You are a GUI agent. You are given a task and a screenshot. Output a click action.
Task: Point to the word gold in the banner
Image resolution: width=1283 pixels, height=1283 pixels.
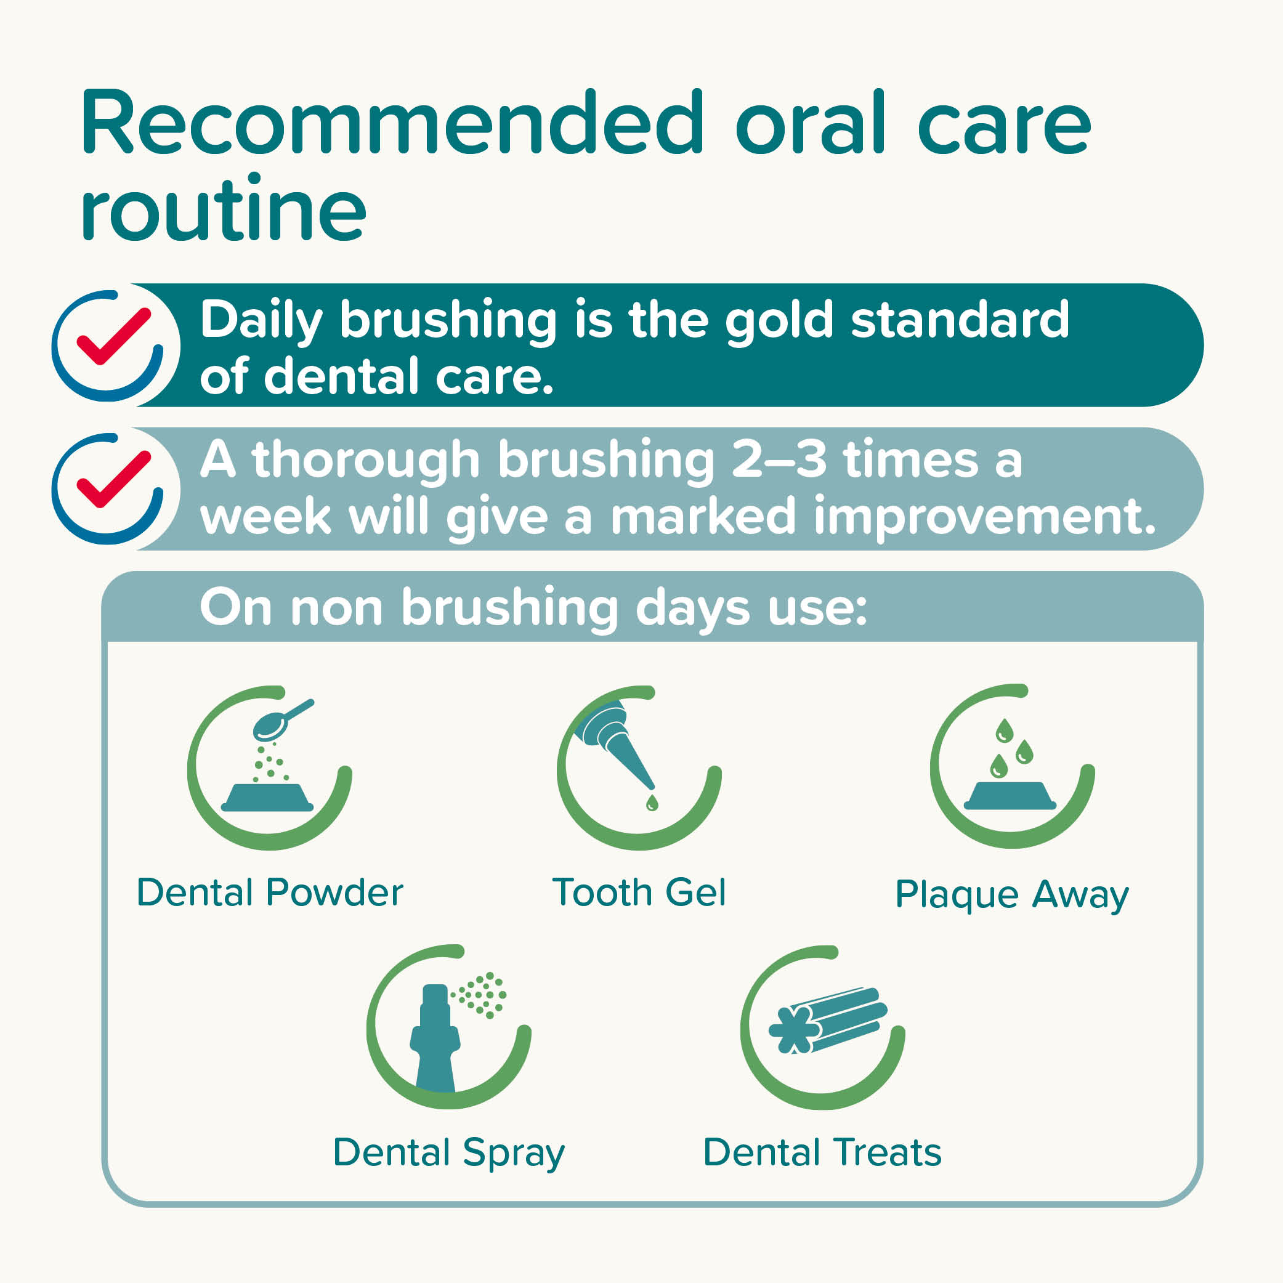(779, 322)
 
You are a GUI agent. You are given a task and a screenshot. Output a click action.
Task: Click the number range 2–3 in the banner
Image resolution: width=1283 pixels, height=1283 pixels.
(779, 459)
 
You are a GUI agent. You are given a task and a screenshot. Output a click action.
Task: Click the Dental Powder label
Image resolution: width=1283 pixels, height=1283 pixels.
(270, 892)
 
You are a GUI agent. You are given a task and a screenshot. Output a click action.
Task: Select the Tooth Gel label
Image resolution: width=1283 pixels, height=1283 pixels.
(639, 892)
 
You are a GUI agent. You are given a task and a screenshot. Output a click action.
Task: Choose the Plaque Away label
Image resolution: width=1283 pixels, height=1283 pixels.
(1011, 894)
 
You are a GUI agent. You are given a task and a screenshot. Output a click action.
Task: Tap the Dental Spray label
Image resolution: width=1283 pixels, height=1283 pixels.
(449, 1153)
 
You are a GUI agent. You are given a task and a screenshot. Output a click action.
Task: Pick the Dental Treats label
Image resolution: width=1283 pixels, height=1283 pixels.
(822, 1152)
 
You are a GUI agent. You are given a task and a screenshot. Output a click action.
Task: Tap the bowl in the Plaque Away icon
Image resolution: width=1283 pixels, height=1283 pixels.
(1010, 796)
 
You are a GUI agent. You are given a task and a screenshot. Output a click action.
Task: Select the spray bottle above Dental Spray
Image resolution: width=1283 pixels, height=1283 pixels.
(435, 1039)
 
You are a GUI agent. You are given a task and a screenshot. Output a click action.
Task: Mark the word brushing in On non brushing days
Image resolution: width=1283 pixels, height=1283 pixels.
(510, 609)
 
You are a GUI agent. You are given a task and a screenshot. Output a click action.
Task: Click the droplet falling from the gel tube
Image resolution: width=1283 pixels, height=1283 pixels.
(652, 804)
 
